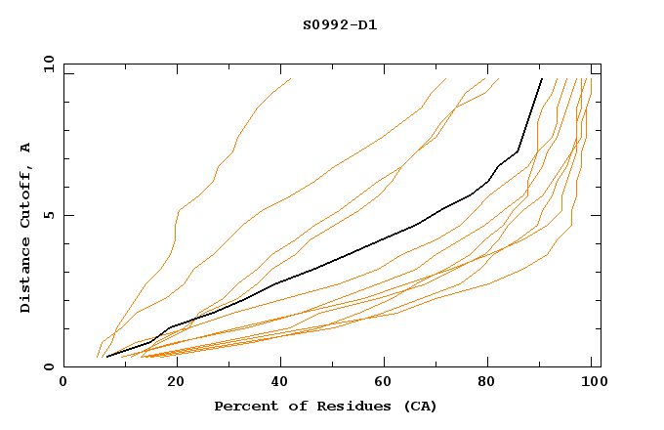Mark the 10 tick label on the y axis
[48, 64]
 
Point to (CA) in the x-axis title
[418, 406]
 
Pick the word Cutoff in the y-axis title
[25, 196]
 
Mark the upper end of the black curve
[542, 79]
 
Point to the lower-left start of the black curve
[106, 357]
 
